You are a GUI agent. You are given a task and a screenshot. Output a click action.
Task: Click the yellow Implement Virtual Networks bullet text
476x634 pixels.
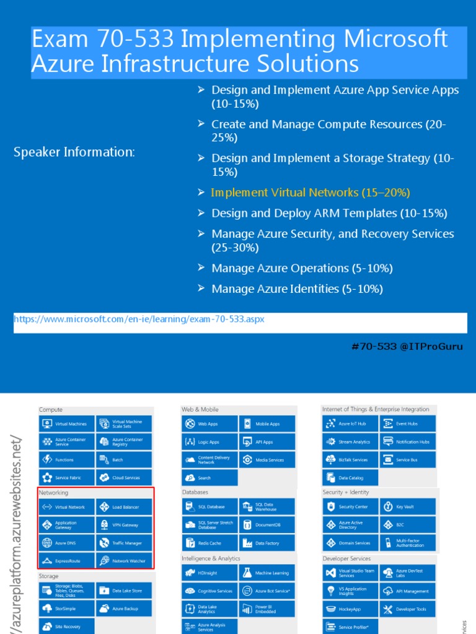click(311, 193)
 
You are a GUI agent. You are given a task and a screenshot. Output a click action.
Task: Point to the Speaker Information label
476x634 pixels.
click(74, 152)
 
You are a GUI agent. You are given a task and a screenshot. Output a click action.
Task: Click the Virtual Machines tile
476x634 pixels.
click(67, 424)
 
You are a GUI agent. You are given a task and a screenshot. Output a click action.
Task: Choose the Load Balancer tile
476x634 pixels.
click(124, 507)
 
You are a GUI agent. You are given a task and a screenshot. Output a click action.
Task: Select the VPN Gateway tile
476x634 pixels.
click(124, 525)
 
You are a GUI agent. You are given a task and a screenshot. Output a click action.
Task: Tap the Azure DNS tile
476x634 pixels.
click(67, 543)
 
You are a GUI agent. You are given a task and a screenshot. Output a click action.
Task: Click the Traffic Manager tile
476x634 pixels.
click(124, 543)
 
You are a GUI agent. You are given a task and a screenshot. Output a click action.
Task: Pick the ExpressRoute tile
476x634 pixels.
click(67, 561)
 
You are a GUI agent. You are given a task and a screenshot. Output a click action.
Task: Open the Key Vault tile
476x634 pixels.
click(407, 506)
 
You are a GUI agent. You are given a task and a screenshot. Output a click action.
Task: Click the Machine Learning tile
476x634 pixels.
click(267, 573)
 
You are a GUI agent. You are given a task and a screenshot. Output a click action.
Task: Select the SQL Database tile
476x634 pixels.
click(209, 507)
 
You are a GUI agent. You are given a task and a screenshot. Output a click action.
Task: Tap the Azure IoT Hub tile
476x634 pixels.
click(350, 424)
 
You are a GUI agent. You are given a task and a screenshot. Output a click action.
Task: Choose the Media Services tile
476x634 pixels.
click(267, 460)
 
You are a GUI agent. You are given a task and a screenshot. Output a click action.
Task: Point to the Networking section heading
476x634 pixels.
click(54, 493)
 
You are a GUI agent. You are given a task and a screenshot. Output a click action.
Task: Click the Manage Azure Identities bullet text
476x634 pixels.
click(297, 289)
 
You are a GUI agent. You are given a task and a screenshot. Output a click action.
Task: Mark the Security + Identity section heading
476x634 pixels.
click(346, 492)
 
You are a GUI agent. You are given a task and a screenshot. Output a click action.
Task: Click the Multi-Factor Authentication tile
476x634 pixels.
click(407, 543)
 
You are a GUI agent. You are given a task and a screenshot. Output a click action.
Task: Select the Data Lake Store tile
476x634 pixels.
click(124, 591)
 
